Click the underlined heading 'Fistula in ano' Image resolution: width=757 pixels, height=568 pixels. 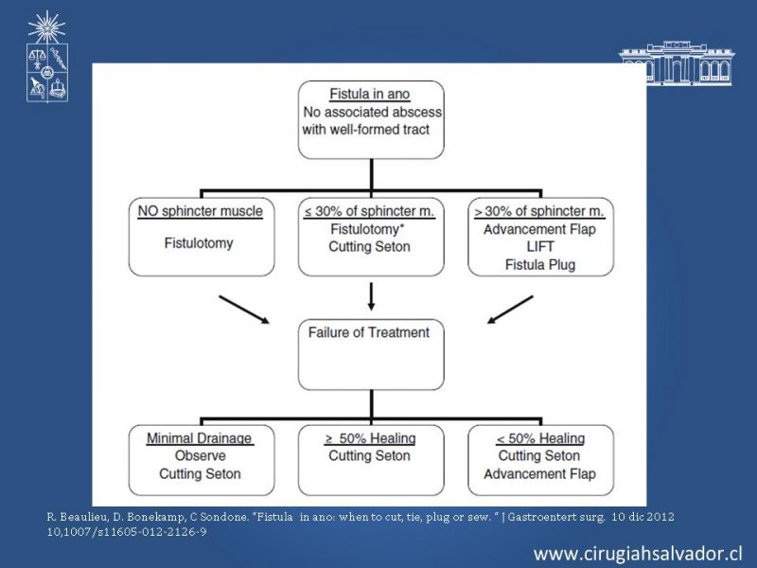pyautogui.click(x=370, y=94)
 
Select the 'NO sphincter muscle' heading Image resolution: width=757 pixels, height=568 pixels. pyautogui.click(x=201, y=211)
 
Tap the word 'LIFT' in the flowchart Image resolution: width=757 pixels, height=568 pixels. pyautogui.click(x=540, y=247)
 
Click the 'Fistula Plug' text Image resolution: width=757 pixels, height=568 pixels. pyautogui.click(x=540, y=265)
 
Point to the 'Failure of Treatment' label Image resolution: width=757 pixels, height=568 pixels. pyautogui.click(x=369, y=332)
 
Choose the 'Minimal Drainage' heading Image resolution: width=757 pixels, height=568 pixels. pyautogui.click(x=200, y=438)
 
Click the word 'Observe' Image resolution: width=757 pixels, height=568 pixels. pyautogui.click(x=201, y=455)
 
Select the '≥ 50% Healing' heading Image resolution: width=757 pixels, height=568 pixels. pyautogui.click(x=370, y=438)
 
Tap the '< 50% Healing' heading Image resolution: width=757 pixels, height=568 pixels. pyautogui.click(x=540, y=438)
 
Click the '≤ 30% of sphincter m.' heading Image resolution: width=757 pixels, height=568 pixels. pyautogui.click(x=369, y=211)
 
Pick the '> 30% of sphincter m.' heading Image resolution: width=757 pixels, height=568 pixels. pyautogui.click(x=539, y=211)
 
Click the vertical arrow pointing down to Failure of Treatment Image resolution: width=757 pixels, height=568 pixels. pyautogui.click(x=371, y=296)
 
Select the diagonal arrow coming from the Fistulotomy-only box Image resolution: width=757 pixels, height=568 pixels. pyautogui.click(x=244, y=310)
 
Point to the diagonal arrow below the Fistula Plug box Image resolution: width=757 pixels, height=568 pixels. pyautogui.click(x=510, y=310)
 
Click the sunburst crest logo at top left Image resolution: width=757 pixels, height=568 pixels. pyautogui.click(x=46, y=57)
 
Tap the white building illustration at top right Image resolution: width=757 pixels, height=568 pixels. pyautogui.click(x=677, y=63)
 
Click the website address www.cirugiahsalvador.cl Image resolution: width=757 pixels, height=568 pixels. pyautogui.click(x=638, y=554)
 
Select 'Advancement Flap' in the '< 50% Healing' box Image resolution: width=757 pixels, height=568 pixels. pyautogui.click(x=539, y=474)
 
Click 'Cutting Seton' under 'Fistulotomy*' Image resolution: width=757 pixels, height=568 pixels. pyautogui.click(x=369, y=247)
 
